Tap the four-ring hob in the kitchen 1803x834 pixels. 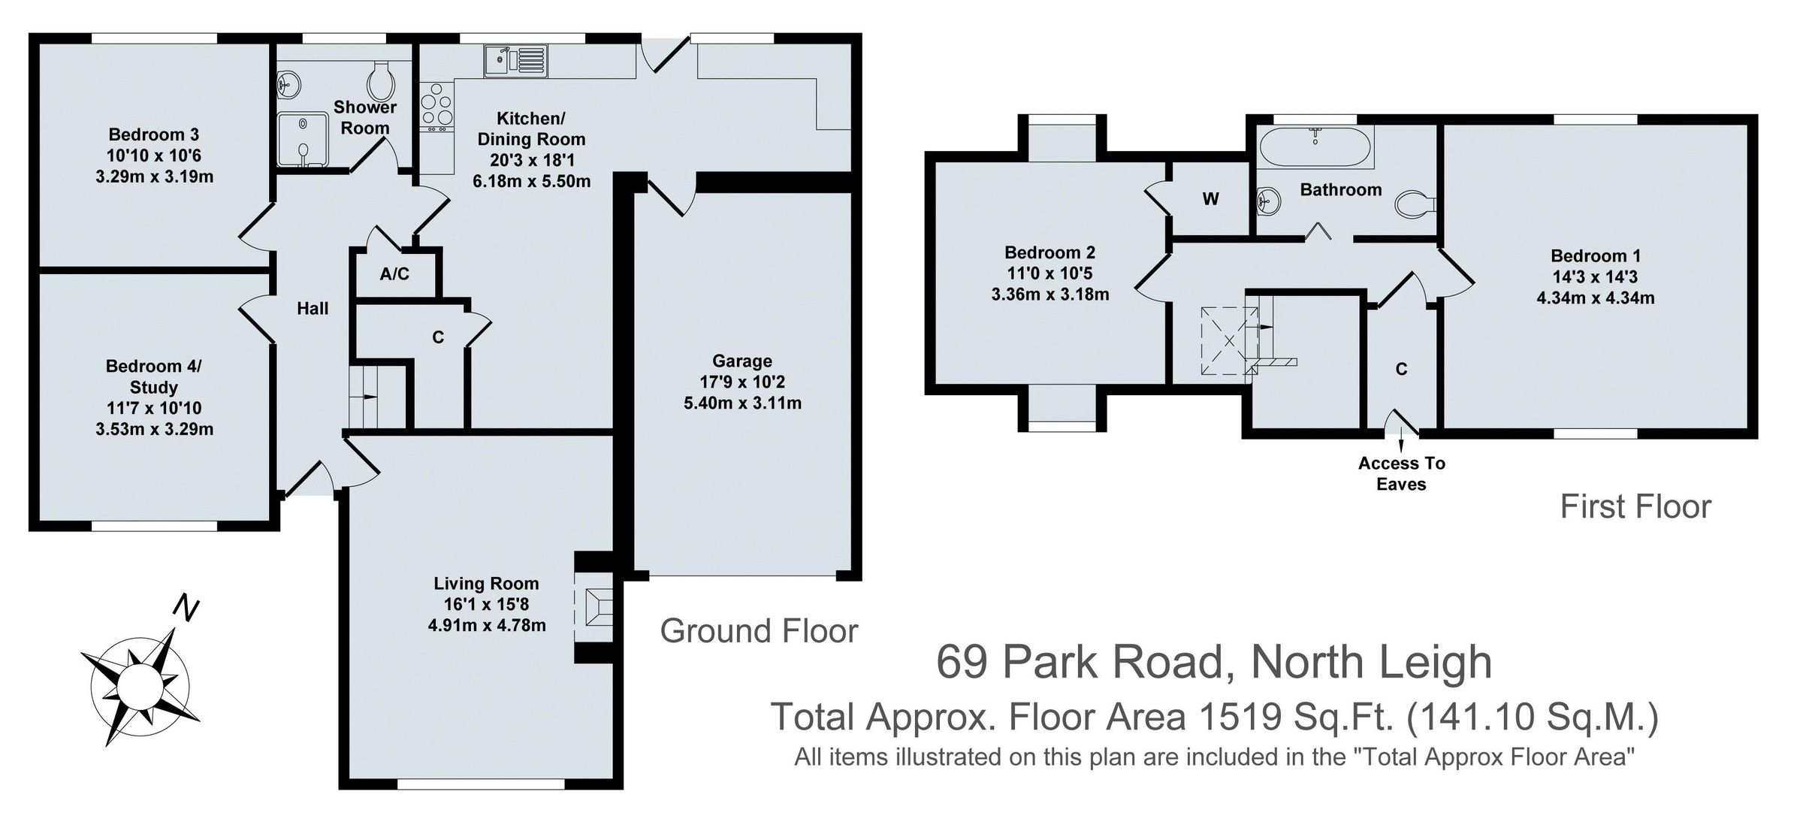(437, 108)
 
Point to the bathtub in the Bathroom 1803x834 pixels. (1315, 146)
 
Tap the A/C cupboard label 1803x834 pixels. (394, 274)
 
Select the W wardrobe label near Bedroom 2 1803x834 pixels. (1210, 199)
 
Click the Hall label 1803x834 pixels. (313, 308)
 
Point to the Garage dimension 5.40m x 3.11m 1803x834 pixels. (742, 403)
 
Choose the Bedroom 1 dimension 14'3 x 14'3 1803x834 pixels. (1595, 276)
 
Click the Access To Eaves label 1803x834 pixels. (1401, 473)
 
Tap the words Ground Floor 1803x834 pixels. (759, 631)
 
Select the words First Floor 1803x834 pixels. (1635, 507)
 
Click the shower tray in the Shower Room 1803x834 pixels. (302, 140)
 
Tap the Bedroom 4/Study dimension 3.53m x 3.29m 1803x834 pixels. (154, 430)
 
